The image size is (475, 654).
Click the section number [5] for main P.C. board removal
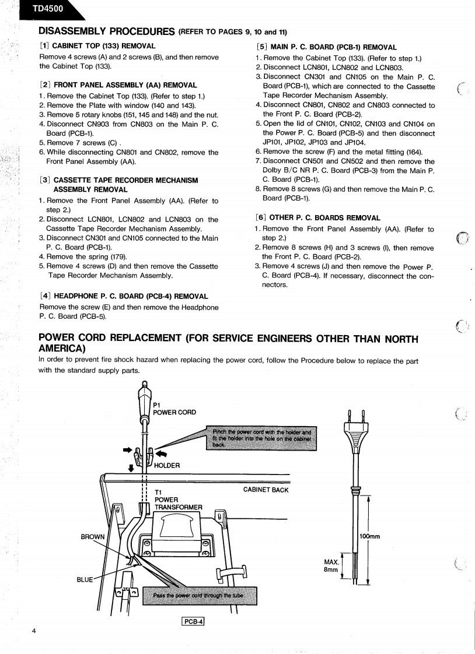click(262, 47)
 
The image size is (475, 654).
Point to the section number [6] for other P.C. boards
click(262, 217)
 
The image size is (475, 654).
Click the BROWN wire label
click(93, 536)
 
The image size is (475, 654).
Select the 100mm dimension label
click(369, 536)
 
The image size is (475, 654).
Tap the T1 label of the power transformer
click(158, 492)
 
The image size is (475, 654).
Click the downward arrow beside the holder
click(131, 467)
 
